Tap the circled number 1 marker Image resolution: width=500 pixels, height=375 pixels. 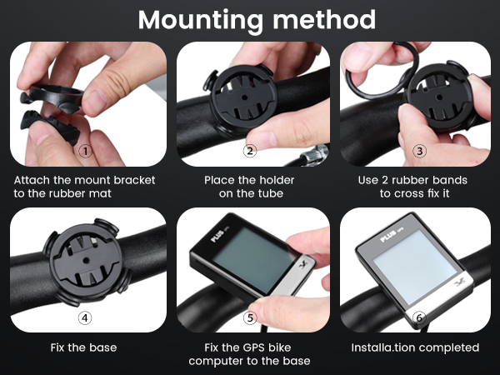click(x=84, y=151)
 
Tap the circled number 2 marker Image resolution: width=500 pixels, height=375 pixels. click(x=249, y=151)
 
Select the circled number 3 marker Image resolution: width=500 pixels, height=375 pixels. click(x=419, y=151)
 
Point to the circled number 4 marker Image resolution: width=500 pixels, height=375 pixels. click(x=84, y=317)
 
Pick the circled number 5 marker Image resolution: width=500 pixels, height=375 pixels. click(x=249, y=317)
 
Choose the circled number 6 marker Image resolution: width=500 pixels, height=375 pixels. click(x=419, y=317)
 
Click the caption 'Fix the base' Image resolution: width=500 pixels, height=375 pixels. click(x=83, y=347)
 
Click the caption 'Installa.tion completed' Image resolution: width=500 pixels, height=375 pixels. click(x=415, y=347)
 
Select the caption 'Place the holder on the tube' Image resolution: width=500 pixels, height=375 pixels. click(x=249, y=186)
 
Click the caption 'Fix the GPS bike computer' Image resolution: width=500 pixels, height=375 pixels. click(x=249, y=353)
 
